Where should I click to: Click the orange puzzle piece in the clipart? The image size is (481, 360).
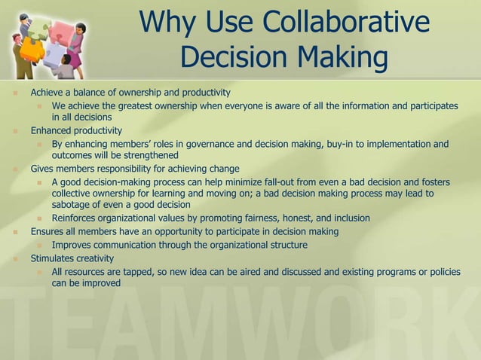pos(32,50)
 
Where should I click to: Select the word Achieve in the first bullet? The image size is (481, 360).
pos(47,93)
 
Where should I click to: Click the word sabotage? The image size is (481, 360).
pos(73,205)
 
